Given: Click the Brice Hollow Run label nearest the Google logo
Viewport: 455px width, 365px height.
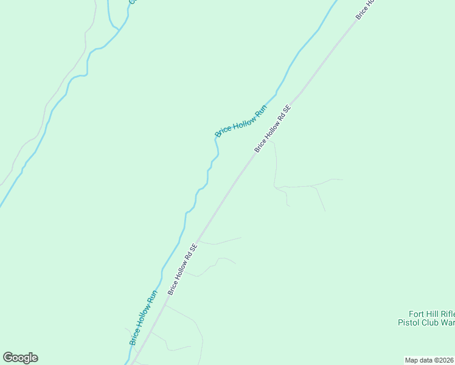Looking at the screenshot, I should coord(144,318).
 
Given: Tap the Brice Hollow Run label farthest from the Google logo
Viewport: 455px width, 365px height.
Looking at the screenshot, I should coord(241,121).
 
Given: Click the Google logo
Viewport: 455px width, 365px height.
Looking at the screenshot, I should coord(20,358).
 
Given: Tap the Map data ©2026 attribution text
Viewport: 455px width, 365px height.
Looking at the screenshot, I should coord(429,360).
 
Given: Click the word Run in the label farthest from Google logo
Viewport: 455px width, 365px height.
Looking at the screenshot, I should coord(260,111).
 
